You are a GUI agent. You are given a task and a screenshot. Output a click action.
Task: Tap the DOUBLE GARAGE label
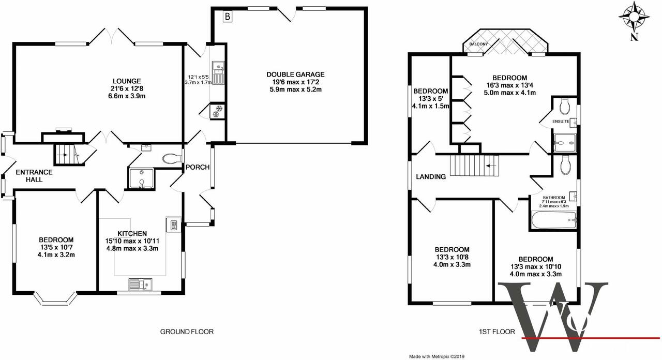[295, 74]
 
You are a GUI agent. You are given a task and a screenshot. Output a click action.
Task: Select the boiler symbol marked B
[227, 17]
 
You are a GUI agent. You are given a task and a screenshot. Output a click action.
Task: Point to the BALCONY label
[478, 44]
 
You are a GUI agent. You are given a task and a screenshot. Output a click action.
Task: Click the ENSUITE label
[561, 122]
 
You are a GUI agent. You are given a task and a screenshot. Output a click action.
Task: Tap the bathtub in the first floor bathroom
[553, 220]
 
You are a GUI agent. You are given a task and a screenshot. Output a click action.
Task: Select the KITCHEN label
[132, 233]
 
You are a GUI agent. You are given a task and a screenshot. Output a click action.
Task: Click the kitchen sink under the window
[140, 284]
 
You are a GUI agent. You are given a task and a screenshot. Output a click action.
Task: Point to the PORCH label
[198, 167]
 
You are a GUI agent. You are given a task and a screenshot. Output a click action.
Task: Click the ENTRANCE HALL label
[34, 175]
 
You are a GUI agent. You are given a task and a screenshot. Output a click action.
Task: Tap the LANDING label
[431, 177]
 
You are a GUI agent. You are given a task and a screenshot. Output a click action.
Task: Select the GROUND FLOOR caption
[187, 332]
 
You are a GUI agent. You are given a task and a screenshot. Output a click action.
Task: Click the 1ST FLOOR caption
[497, 332]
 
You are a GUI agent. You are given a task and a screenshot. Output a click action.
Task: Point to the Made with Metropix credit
[437, 357]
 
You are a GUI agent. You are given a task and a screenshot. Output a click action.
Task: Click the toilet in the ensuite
[564, 106]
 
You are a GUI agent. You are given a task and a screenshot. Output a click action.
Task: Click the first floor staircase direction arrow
[491, 166]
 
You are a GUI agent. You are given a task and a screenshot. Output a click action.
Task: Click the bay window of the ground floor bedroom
[55, 298]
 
